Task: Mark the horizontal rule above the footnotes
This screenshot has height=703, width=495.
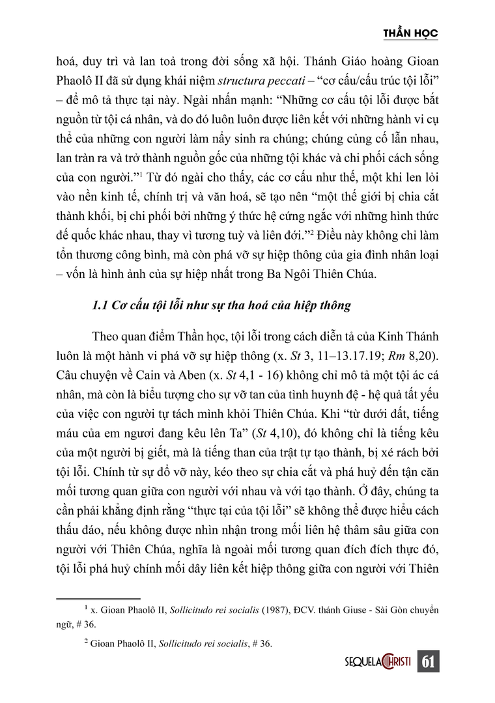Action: [98, 598]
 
